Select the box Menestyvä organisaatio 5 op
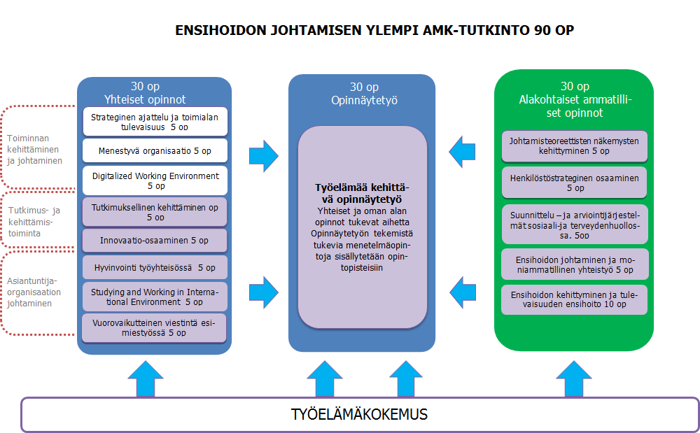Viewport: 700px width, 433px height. tap(155, 150)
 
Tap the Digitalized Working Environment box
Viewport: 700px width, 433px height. tap(155, 180)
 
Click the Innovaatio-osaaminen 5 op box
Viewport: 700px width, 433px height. tap(155, 241)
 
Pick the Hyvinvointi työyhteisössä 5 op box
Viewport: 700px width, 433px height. tap(155, 267)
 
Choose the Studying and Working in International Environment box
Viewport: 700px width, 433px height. tap(155, 297)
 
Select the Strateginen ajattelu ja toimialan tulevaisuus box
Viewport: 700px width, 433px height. tap(155, 122)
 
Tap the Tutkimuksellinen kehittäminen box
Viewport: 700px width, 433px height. tap(155, 211)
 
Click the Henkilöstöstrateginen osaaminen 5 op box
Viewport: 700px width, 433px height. tap(574, 183)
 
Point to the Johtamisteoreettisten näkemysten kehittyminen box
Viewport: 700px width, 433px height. tap(574, 145)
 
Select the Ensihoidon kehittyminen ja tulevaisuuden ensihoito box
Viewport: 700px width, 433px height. tap(574, 299)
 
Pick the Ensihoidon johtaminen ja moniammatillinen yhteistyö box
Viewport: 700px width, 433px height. tap(574, 264)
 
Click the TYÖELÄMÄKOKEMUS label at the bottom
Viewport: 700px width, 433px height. tap(359, 414)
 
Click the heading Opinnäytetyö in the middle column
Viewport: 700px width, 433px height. tap(364, 100)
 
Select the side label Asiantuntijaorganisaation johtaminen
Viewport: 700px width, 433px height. tap(34, 292)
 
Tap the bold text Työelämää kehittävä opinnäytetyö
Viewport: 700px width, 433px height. tap(362, 193)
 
